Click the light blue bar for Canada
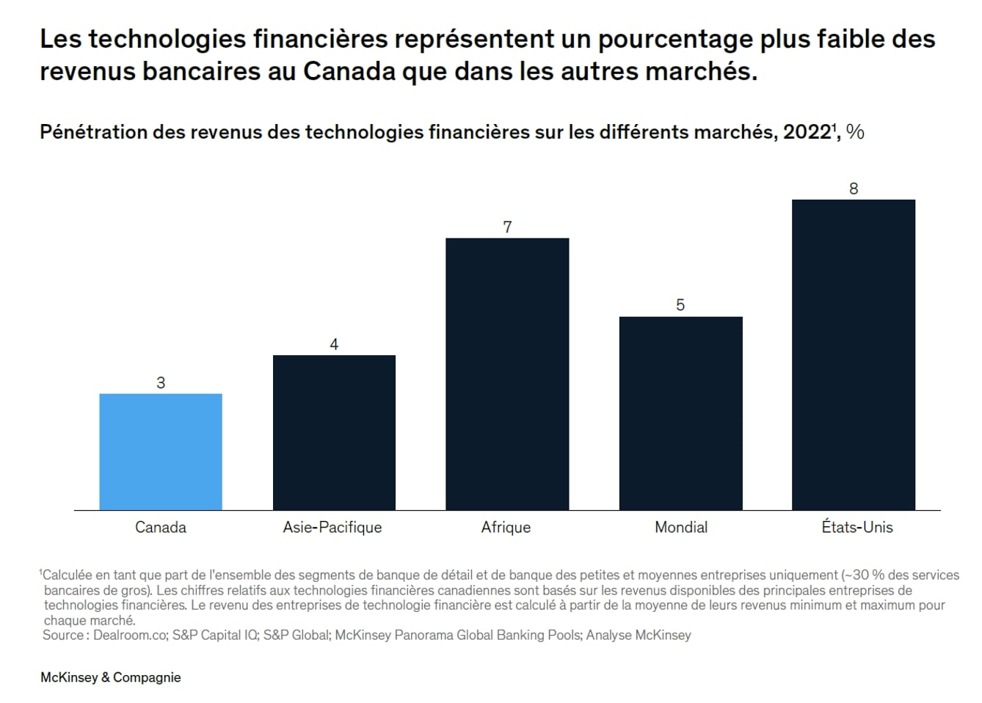[161, 451]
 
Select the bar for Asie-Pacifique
[334, 432]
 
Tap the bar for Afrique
[507, 374]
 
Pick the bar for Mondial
[680, 413]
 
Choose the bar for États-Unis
[854, 354]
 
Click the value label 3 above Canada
[161, 382]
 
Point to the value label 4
[334, 344]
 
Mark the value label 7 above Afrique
[507, 227]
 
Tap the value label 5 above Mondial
[680, 305]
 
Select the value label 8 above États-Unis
[854, 189]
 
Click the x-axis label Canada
[161, 527]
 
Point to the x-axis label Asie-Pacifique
[332, 527]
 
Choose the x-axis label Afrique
[506, 527]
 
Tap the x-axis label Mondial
[681, 527]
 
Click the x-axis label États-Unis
[856, 527]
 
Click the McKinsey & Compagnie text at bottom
[111, 677]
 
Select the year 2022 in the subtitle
[807, 132]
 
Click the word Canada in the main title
[349, 72]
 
